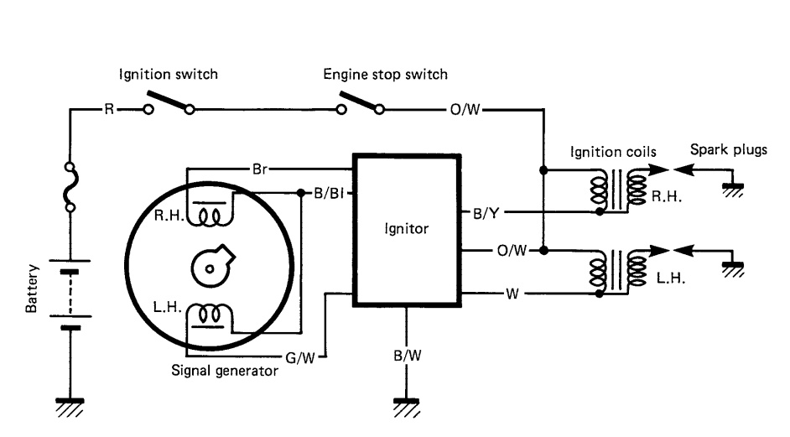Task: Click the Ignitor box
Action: pos(407,229)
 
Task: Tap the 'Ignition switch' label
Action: pos(168,75)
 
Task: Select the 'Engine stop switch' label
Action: pos(386,75)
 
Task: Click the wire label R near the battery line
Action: pos(108,109)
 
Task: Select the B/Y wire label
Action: pos(486,213)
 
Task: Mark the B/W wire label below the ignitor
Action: pos(407,356)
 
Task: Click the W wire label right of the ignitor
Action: pos(511,294)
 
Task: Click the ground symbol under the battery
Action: pos(70,406)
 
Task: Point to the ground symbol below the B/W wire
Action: pos(407,406)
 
